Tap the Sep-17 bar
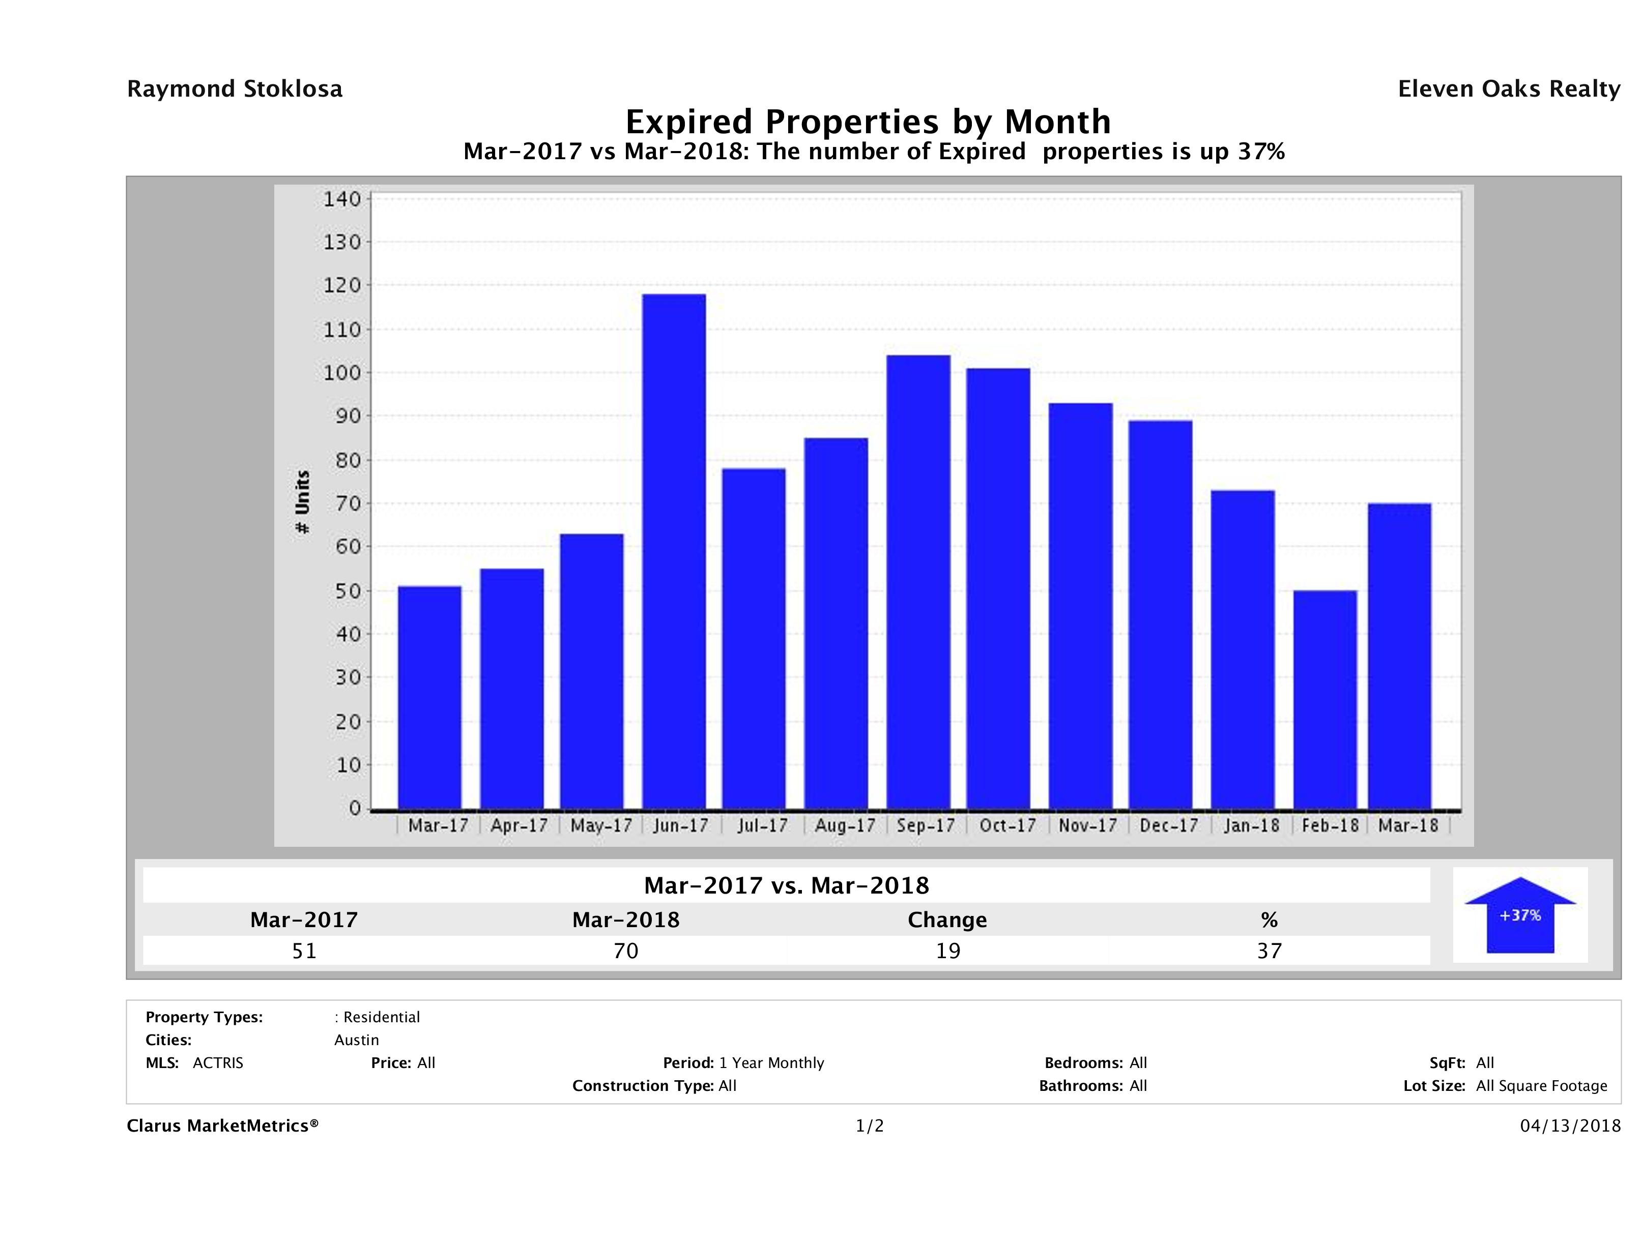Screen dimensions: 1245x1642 [918, 582]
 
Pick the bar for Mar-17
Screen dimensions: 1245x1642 [430, 697]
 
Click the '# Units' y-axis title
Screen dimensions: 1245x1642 [302, 502]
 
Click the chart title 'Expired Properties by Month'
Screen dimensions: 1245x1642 [868, 121]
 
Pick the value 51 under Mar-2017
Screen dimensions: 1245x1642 [304, 951]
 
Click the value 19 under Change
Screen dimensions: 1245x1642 [948, 951]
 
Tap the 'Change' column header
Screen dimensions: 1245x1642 [947, 920]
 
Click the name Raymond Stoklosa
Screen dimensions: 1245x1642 [235, 89]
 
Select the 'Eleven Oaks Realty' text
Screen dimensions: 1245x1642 [1508, 89]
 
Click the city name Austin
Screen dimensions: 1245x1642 [356, 1040]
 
